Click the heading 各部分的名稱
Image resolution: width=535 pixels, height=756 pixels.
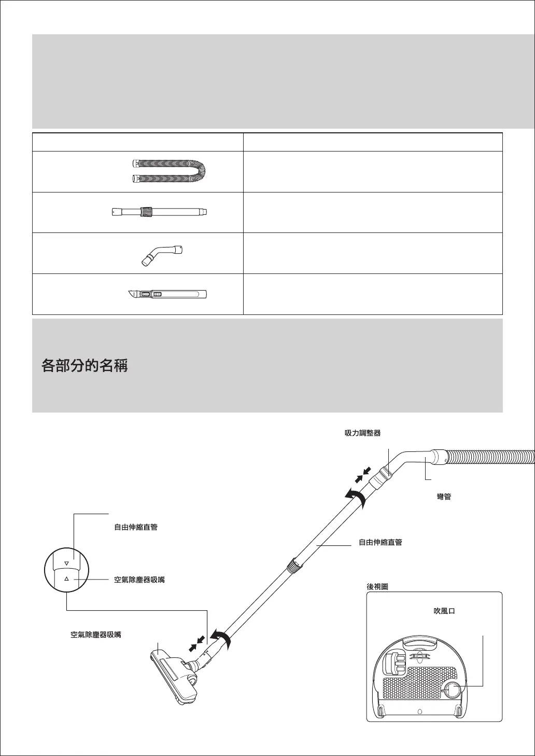point(85,366)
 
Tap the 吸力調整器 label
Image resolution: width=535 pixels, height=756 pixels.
point(363,433)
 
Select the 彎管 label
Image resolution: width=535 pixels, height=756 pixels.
point(444,497)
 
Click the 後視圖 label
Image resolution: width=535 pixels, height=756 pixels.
point(377,587)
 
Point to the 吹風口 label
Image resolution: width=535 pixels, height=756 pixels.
point(444,611)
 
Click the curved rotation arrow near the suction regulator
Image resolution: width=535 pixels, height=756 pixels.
point(356,497)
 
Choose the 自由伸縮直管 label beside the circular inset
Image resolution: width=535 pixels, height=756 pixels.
point(136,527)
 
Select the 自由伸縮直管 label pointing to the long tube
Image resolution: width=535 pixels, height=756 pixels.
point(381,543)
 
